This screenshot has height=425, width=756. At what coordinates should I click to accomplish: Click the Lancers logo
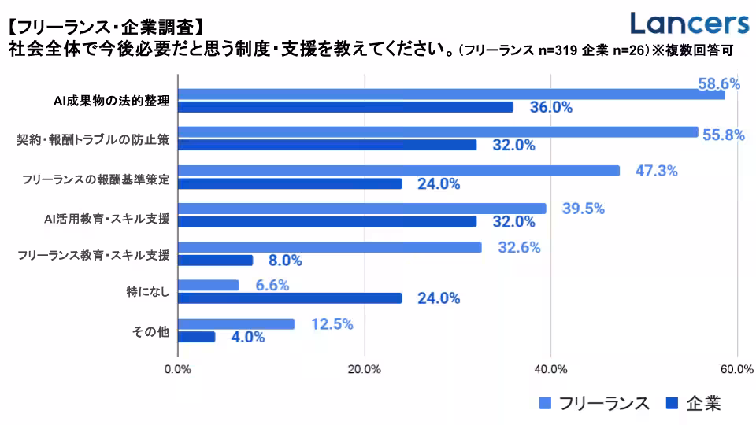(x=690, y=24)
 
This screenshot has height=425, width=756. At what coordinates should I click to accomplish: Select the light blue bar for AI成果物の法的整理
(x=451, y=94)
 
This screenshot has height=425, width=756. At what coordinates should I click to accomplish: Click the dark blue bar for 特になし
(x=290, y=298)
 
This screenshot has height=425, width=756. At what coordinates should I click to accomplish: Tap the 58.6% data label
(x=719, y=83)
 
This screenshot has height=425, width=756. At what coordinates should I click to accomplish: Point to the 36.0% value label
(x=550, y=107)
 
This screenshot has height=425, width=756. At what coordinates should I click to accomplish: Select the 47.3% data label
(x=656, y=171)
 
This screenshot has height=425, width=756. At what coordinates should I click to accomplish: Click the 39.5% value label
(x=583, y=209)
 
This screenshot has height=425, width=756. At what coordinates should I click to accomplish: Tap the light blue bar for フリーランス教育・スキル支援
(x=330, y=247)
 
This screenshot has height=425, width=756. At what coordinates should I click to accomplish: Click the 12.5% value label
(x=331, y=323)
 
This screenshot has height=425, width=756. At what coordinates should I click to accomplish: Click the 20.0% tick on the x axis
(x=364, y=368)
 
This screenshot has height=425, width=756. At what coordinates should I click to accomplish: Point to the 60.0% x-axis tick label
(x=736, y=368)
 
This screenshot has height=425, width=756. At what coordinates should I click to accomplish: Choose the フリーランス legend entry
(x=595, y=404)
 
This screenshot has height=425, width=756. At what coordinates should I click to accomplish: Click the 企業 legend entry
(x=693, y=404)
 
